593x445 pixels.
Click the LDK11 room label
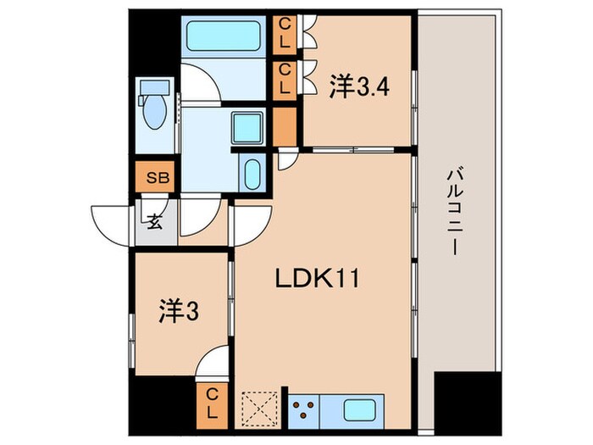pos(317,277)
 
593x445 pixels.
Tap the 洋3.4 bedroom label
pos(359,86)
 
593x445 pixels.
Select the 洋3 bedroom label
pos(178,312)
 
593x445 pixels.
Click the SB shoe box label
pos(157,178)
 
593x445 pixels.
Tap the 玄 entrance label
pos(156,224)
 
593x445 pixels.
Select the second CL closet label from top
pos(285,79)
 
